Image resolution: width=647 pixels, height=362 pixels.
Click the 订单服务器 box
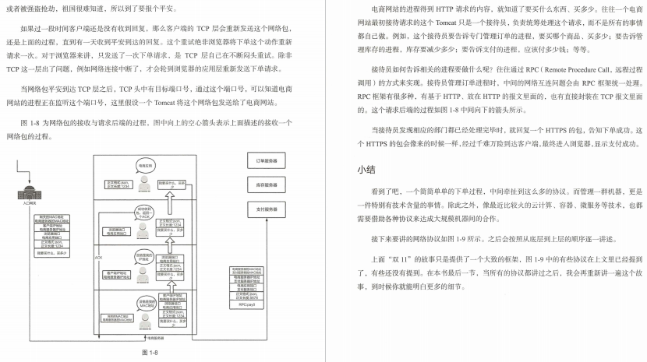pyautogui.click(x=267, y=160)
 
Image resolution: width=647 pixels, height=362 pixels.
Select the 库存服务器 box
pyautogui.click(x=267, y=185)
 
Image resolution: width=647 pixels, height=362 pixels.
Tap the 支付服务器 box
pyautogui.click(x=267, y=209)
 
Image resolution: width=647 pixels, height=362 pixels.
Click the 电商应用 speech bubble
pyautogui.click(x=146, y=167)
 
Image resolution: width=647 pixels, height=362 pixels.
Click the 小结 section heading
pyautogui.click(x=366, y=169)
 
